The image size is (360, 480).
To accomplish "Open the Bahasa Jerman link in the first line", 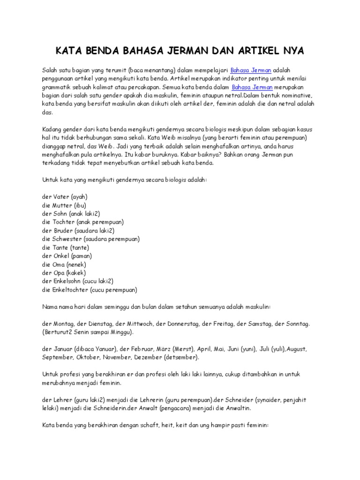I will pos(255,70).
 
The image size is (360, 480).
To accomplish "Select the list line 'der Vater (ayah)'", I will pos(65,197).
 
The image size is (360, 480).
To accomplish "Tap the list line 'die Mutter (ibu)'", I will pos(64,205).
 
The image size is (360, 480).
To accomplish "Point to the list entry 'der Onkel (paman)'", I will pos(67,256).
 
